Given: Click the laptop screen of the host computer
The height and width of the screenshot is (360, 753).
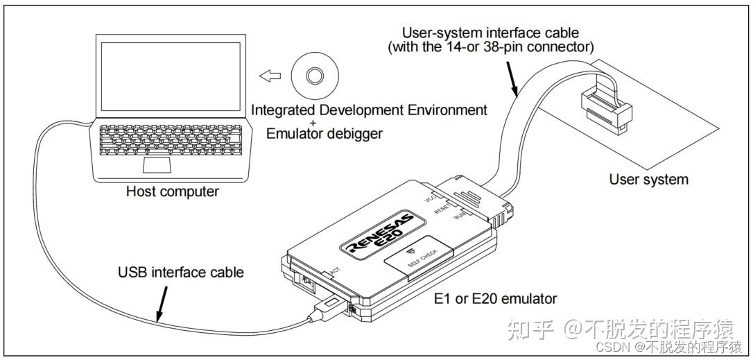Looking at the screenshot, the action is tap(171, 76).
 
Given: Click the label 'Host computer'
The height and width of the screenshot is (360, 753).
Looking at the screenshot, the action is tap(173, 191).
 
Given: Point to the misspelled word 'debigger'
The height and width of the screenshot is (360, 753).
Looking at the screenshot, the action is tap(356, 134).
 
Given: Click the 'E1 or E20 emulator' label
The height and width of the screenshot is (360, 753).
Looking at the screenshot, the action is tap(495, 298).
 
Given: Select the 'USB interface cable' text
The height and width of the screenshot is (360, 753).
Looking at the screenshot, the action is tap(181, 273).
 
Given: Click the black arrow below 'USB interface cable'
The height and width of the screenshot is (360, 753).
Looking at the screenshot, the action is tap(162, 303).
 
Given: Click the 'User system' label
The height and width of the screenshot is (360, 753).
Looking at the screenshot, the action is tap(649, 180).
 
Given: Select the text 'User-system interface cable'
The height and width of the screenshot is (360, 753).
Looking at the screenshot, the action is tap(490, 33).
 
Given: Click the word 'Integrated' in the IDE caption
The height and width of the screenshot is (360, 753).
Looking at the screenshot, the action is tap(283, 110).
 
